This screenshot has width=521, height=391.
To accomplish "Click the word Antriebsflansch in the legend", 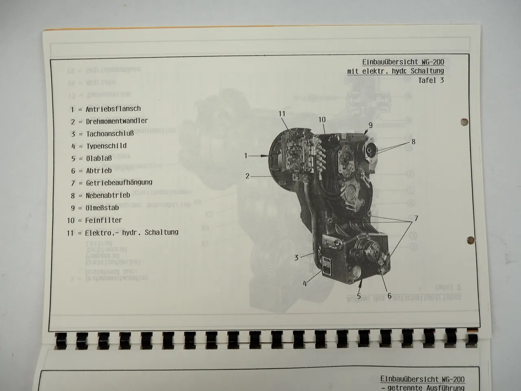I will pyautogui.click(x=113, y=109).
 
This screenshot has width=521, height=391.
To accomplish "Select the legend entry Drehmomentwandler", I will pyautogui.click(x=117, y=121).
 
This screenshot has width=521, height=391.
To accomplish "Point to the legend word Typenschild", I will pyautogui.click(x=106, y=146).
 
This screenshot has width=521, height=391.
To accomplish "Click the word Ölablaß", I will pyautogui.click(x=99, y=158).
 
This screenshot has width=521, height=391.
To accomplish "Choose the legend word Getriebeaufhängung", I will pyautogui.click(x=119, y=182).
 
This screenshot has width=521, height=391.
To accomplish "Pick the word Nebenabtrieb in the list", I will pyautogui.click(x=107, y=195).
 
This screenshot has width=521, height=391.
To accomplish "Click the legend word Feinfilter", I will pyautogui.click(x=103, y=220).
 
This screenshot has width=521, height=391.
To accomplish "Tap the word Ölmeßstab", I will pyautogui.click(x=102, y=208).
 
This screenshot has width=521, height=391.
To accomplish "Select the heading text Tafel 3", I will pyautogui.click(x=431, y=80).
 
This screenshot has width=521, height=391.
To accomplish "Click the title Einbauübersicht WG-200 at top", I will pyautogui.click(x=403, y=62).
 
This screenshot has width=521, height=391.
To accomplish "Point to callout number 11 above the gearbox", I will pyautogui.click(x=282, y=114).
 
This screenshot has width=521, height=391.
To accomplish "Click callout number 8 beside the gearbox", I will pyautogui.click(x=413, y=142).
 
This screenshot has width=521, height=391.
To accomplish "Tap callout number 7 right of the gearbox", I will pyautogui.click(x=416, y=218).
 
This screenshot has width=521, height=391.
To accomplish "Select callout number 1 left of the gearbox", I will pyautogui.click(x=246, y=156).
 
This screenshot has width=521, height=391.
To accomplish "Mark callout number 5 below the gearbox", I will pyautogui.click(x=359, y=296).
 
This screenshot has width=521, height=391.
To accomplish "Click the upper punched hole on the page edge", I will pyautogui.click(x=464, y=122).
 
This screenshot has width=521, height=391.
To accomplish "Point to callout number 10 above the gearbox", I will pyautogui.click(x=322, y=119).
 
